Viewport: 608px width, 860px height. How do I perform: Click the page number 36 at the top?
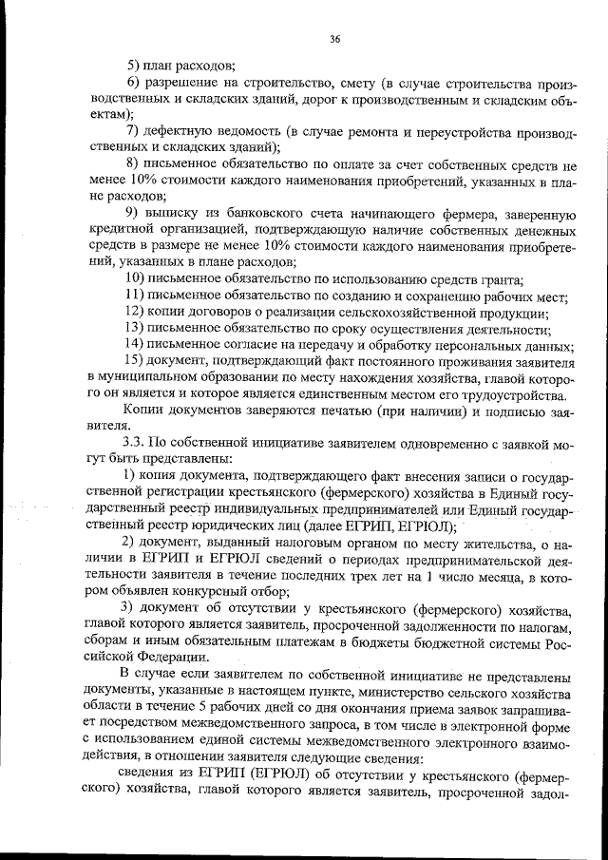coord(334,39)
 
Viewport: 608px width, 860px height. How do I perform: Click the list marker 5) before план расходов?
coord(133,66)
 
